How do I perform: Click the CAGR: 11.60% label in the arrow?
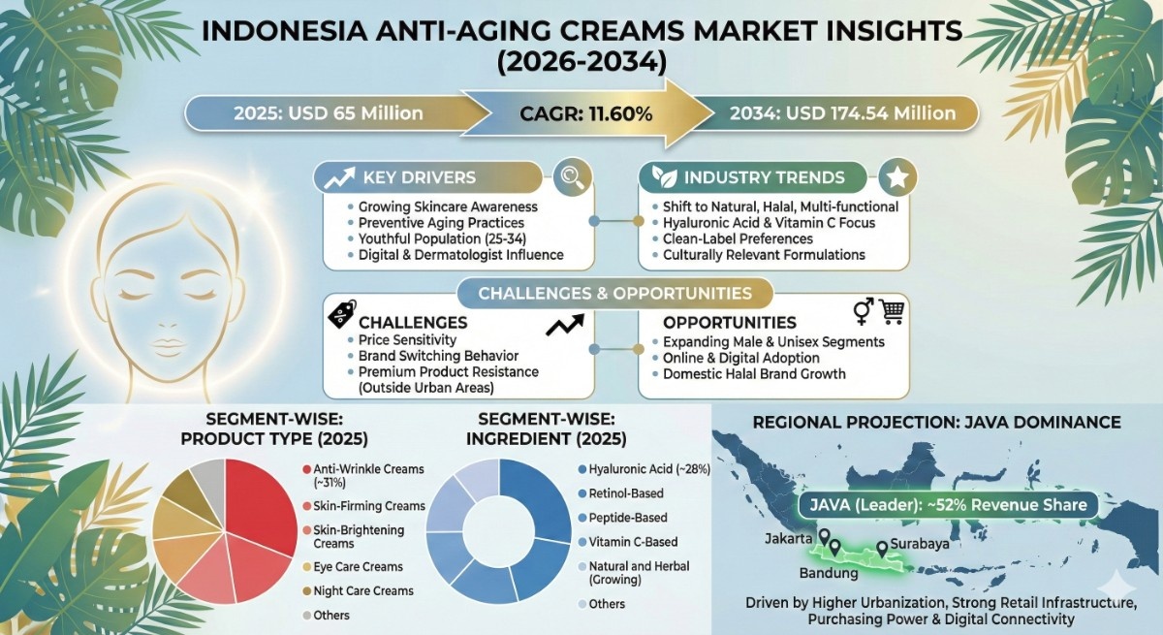(x=585, y=113)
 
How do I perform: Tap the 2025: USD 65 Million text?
(x=329, y=113)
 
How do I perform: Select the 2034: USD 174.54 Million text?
(x=842, y=113)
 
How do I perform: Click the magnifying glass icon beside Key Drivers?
(x=573, y=177)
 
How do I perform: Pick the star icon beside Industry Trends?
(x=897, y=177)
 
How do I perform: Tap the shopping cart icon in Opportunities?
(x=893, y=311)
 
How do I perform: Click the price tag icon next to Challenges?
(x=342, y=313)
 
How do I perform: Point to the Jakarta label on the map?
(x=788, y=539)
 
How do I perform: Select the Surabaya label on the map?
(x=920, y=544)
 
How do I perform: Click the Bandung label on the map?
(x=828, y=573)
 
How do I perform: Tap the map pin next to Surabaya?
(x=882, y=549)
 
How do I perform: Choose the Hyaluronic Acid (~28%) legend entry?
(x=644, y=469)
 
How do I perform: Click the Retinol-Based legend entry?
(x=621, y=493)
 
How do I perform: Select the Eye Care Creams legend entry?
(x=353, y=566)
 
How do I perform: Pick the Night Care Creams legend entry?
(x=359, y=590)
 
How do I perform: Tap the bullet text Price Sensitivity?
(x=407, y=340)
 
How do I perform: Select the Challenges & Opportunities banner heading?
(x=614, y=294)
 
